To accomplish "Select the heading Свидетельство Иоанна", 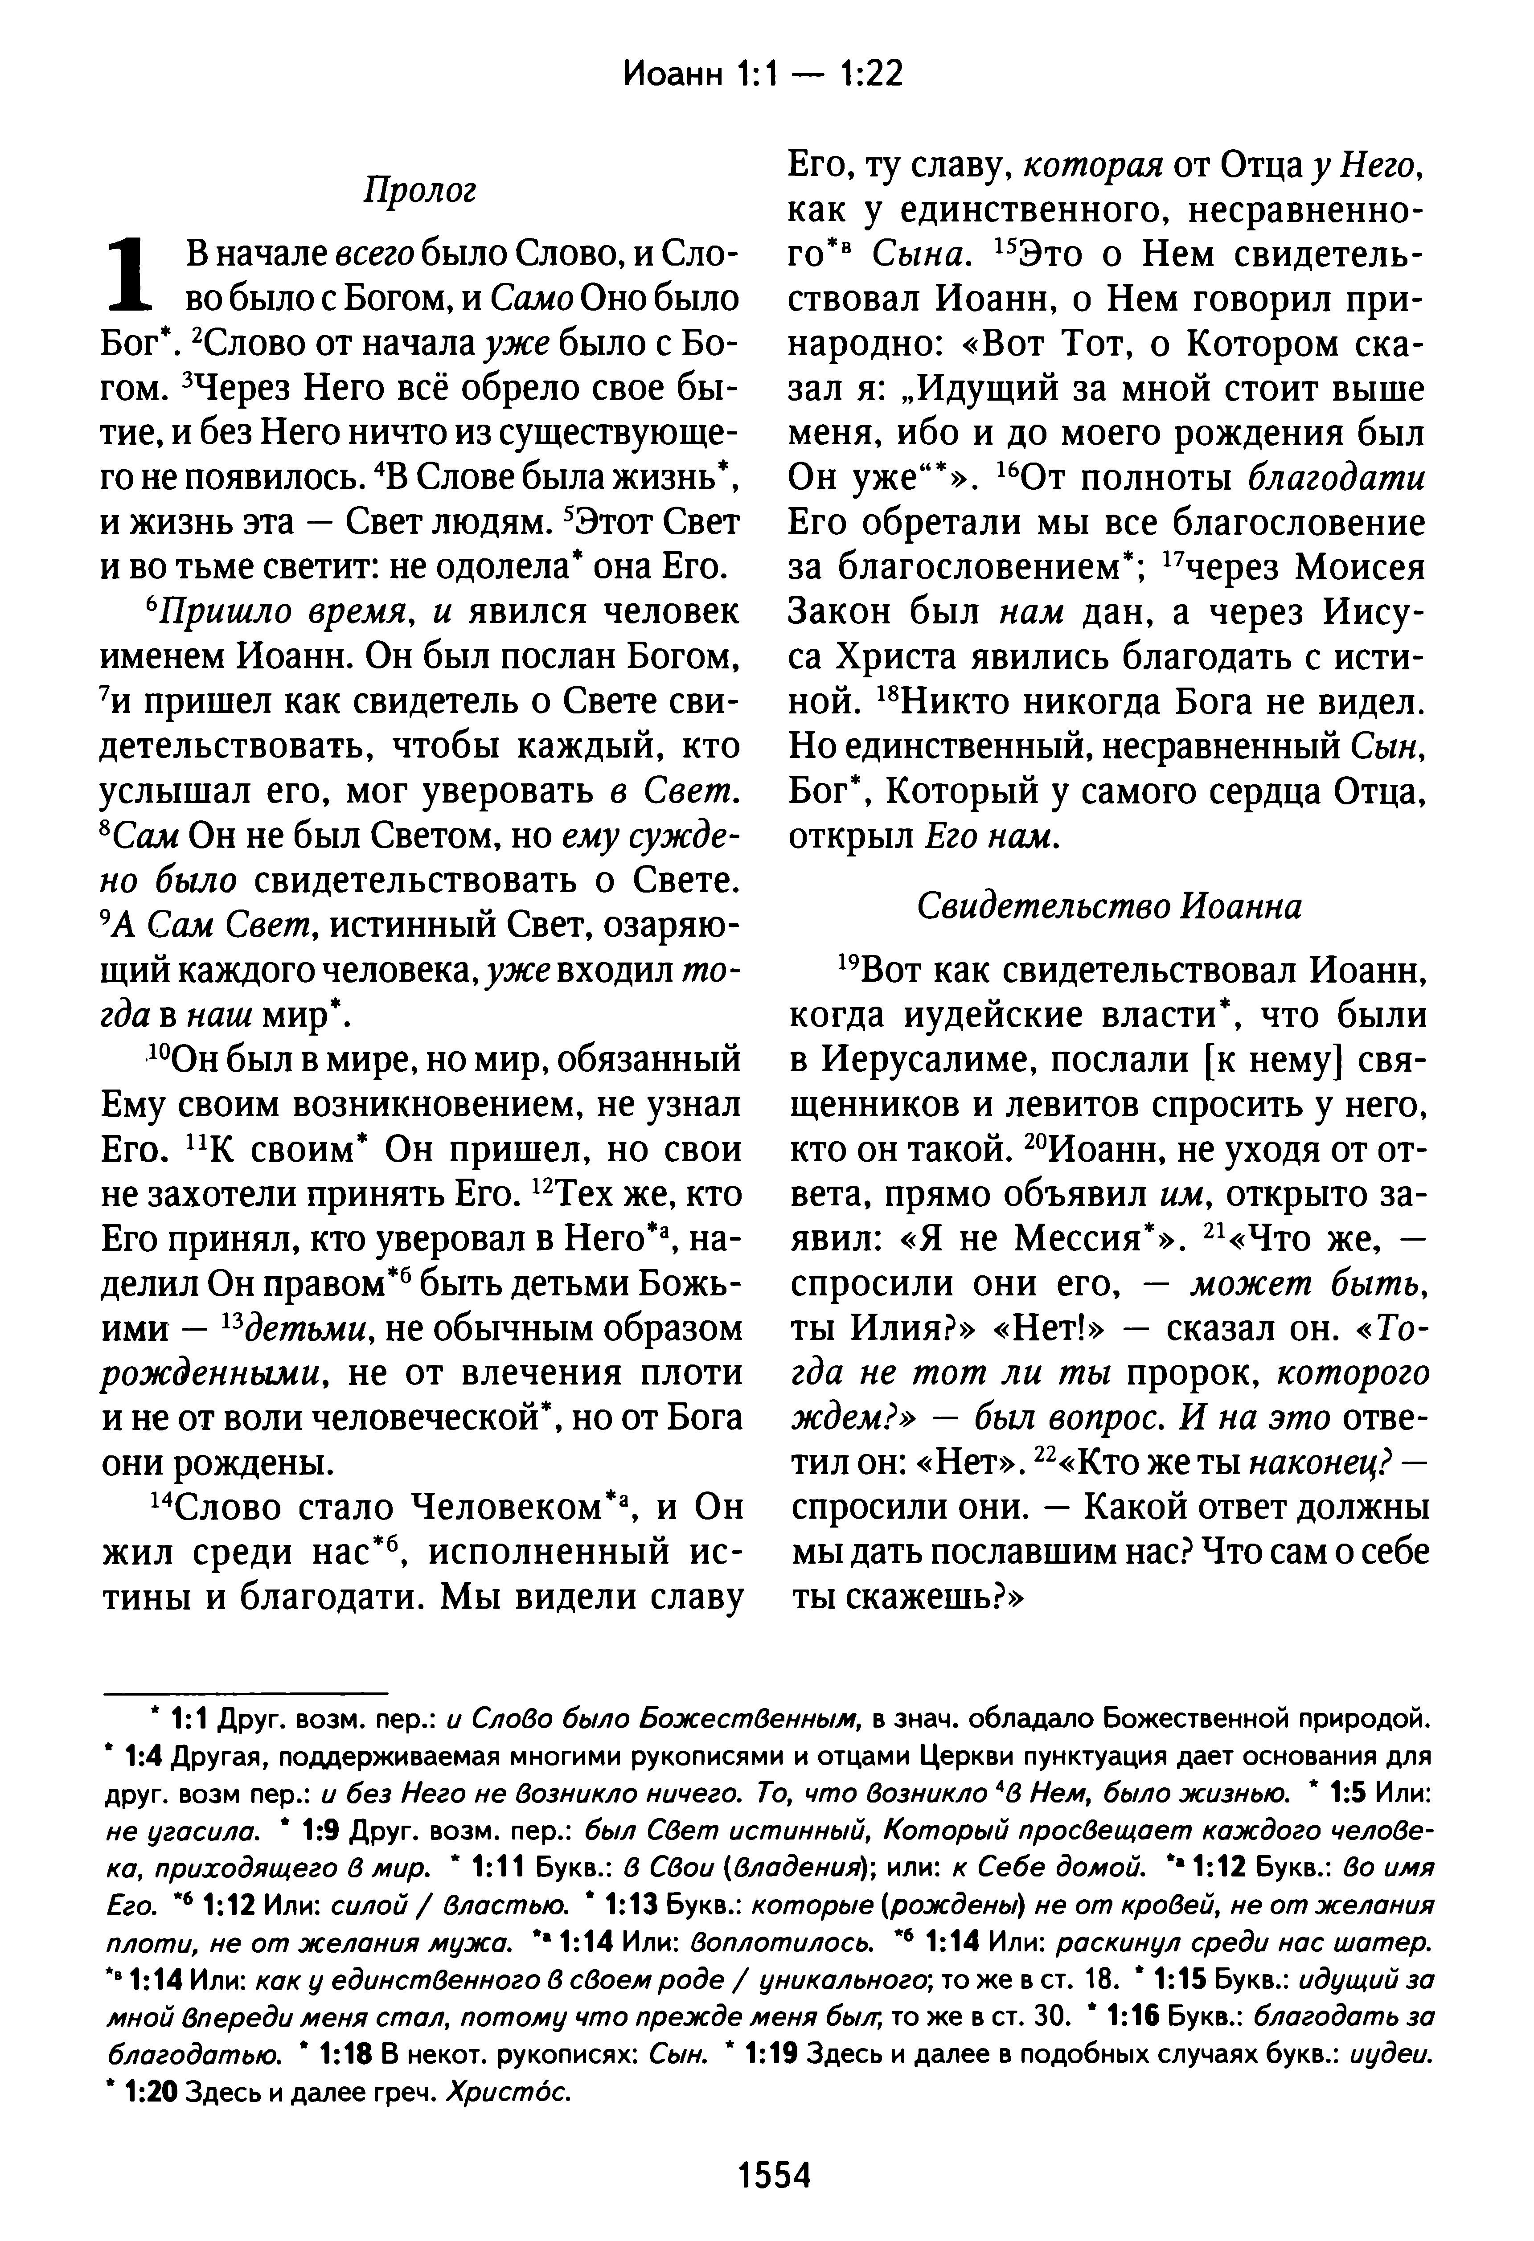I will click(x=1109, y=905).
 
